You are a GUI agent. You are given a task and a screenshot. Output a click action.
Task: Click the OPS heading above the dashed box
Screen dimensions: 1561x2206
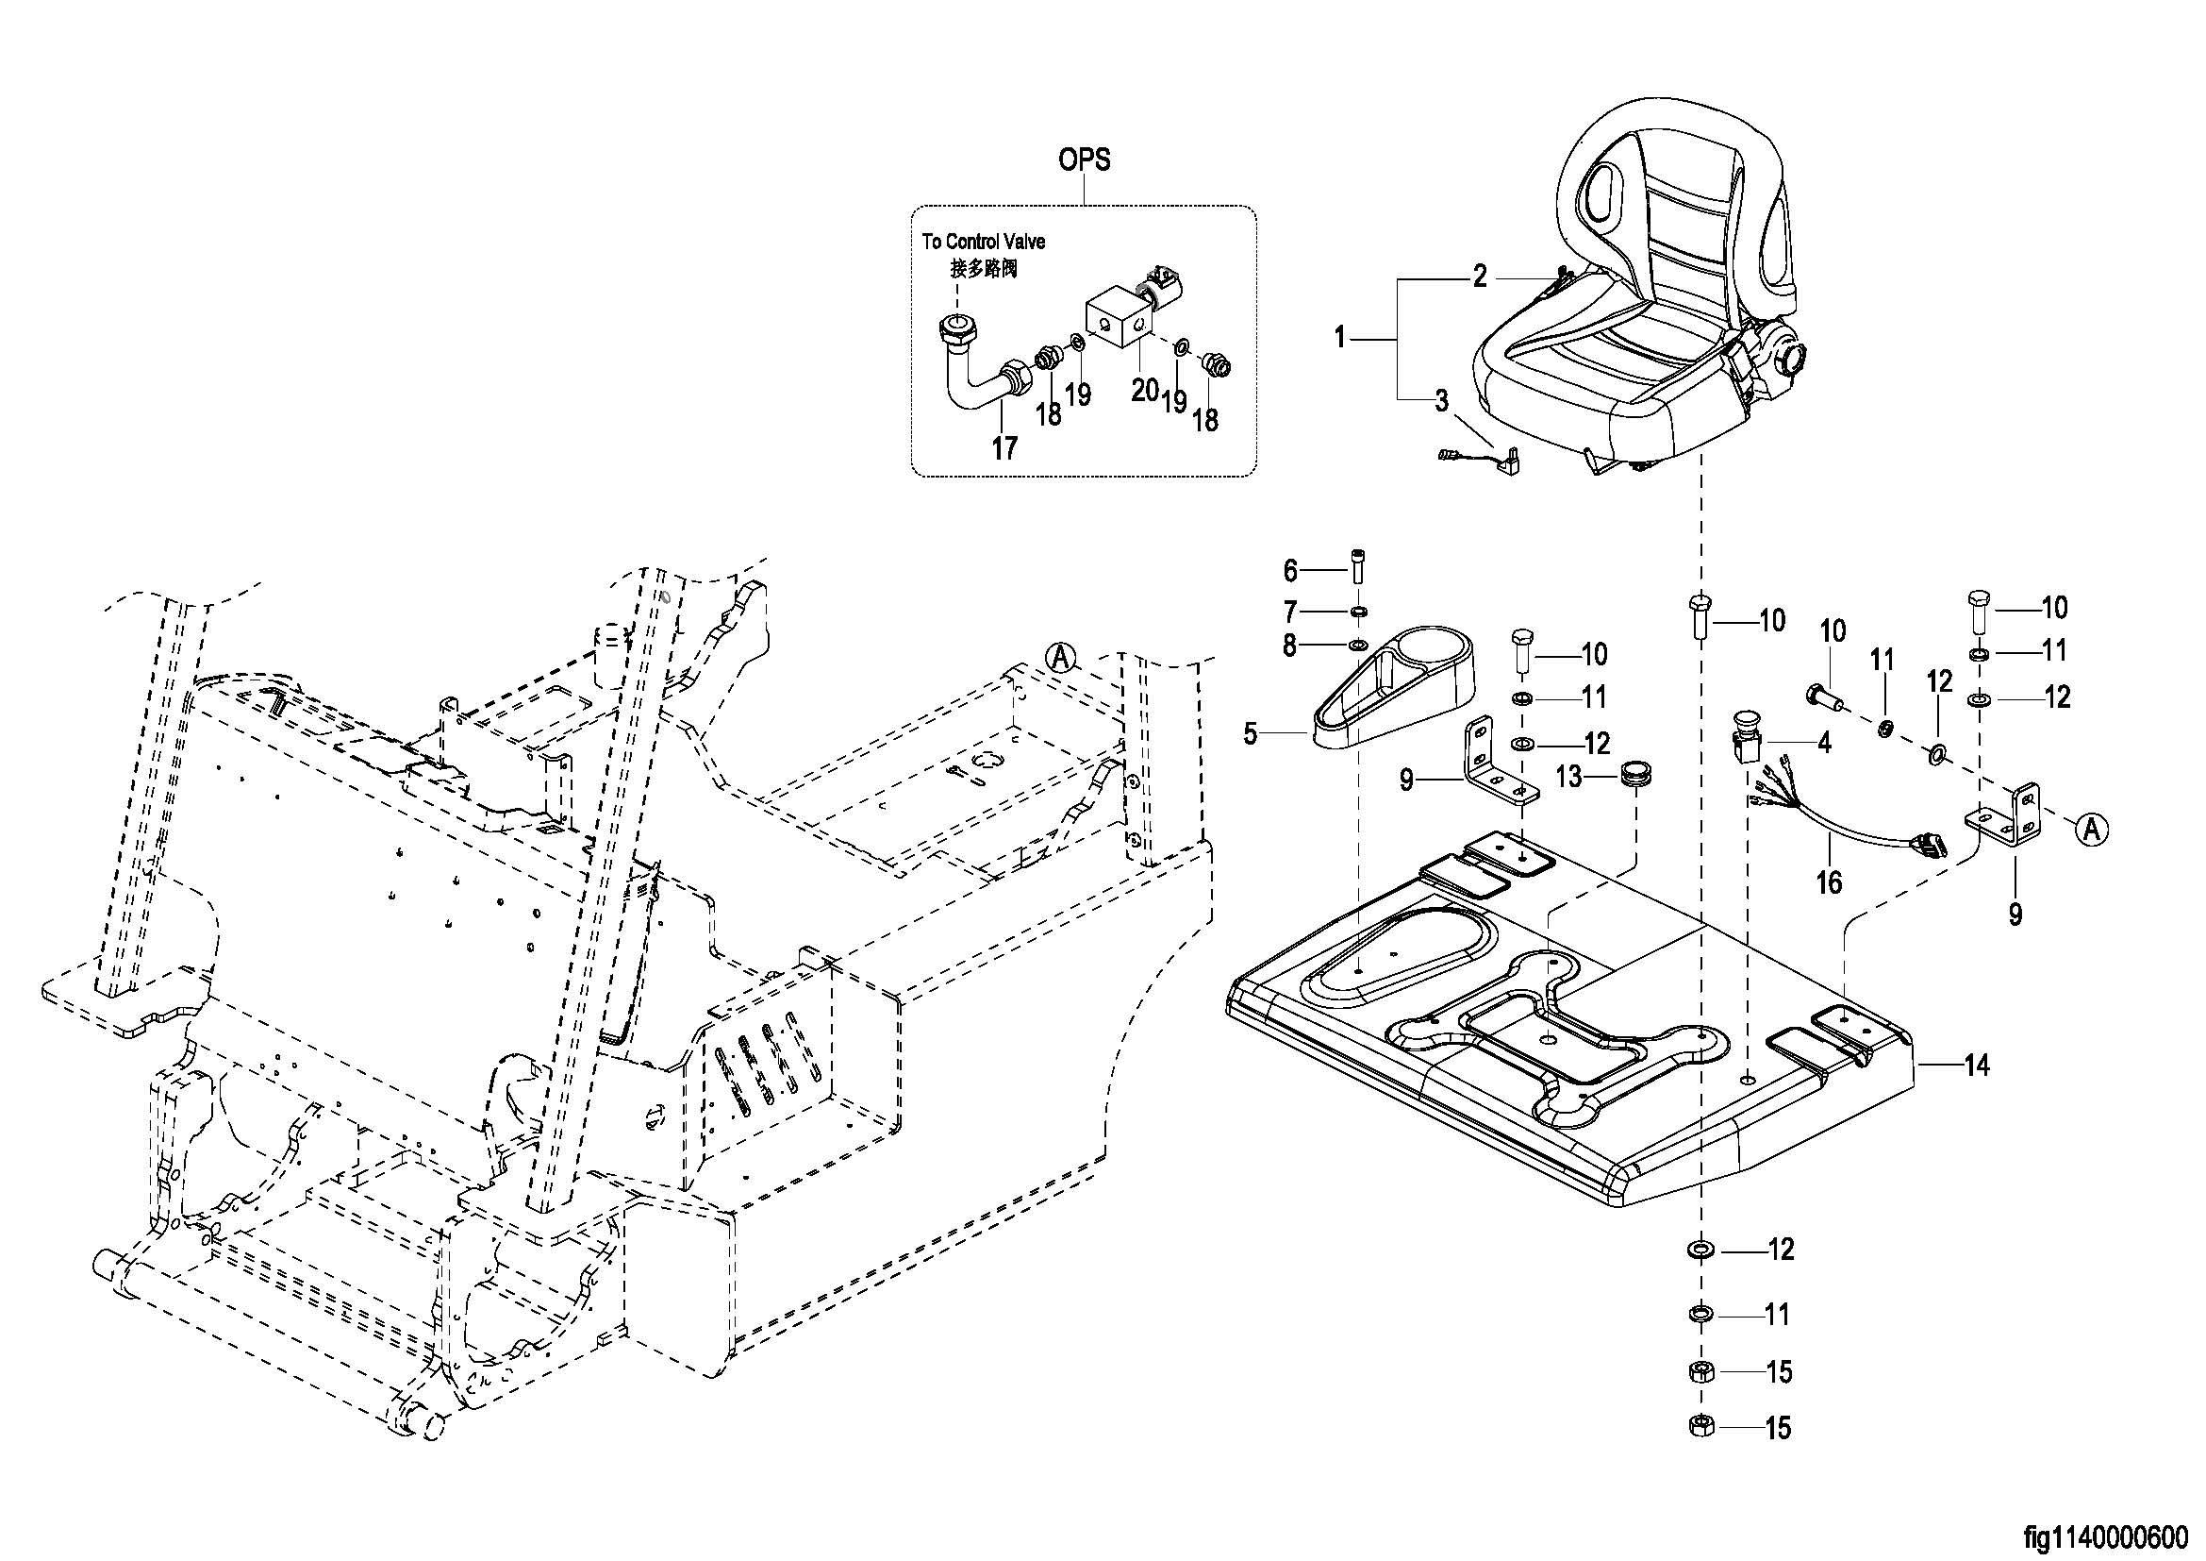pyautogui.click(x=1084, y=159)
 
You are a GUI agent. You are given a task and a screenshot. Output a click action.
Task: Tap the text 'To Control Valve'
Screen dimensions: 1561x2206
pyautogui.click(x=983, y=242)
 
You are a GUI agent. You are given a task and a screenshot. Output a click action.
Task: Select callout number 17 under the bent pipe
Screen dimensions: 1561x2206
pyautogui.click(x=1004, y=448)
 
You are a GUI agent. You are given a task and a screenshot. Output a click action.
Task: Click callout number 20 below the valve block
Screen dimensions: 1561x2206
pyautogui.click(x=1143, y=391)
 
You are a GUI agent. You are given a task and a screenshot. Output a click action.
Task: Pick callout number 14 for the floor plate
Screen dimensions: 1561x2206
pyautogui.click(x=1976, y=1065)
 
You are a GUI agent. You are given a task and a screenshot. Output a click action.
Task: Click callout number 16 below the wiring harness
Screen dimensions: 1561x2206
pyautogui.click(x=1830, y=881)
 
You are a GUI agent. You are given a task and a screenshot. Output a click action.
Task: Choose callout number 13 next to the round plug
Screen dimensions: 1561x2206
pyautogui.click(x=1568, y=777)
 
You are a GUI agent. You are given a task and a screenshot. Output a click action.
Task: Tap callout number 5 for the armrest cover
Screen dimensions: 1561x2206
pyautogui.click(x=1250, y=734)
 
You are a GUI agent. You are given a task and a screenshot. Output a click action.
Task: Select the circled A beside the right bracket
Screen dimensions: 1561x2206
pyautogui.click(x=2092, y=829)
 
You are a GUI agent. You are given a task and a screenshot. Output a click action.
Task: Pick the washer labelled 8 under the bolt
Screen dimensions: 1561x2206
pyautogui.click(x=1357, y=645)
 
